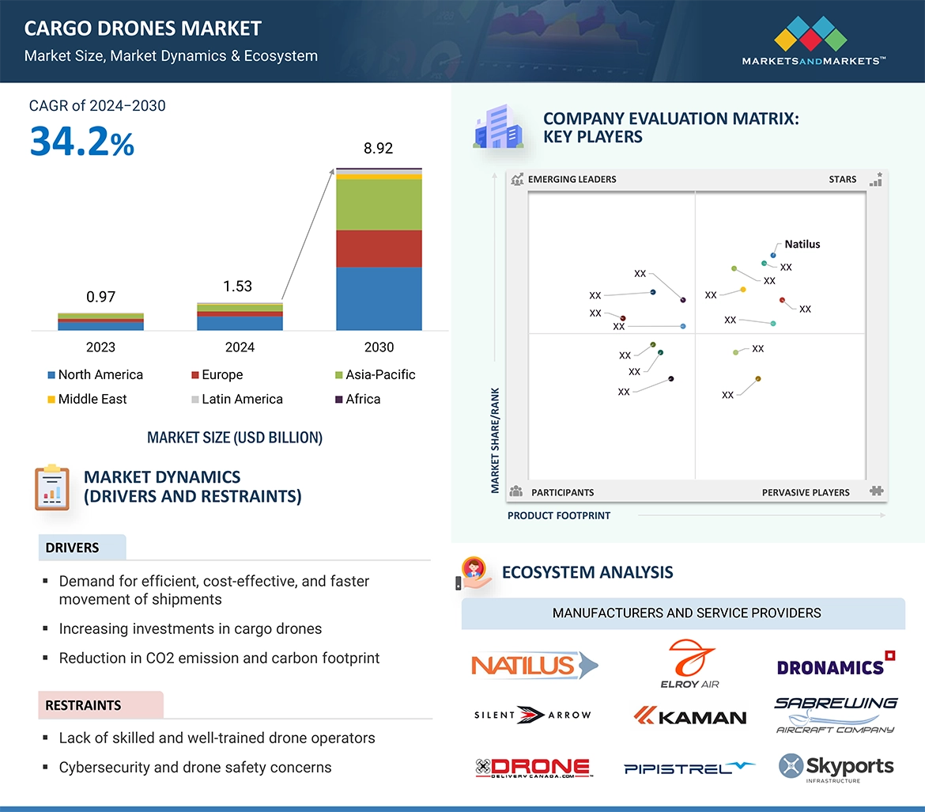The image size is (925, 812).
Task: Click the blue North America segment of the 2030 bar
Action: tap(379, 298)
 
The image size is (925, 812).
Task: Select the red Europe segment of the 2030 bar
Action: tap(379, 249)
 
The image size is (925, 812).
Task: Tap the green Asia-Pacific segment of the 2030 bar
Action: tap(379, 205)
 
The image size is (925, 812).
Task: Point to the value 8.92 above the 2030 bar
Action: tap(378, 149)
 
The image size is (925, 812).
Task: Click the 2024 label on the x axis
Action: tap(240, 347)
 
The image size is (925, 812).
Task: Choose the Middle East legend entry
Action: tap(92, 400)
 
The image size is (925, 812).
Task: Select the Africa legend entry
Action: tap(362, 400)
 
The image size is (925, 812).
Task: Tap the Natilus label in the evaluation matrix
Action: tap(802, 245)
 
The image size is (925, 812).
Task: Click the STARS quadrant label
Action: tap(842, 180)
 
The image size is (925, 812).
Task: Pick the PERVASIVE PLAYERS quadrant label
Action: tap(806, 492)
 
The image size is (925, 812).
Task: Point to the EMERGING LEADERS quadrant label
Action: tap(572, 180)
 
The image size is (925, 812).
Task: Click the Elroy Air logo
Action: tap(689, 664)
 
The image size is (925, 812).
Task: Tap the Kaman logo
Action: tap(689, 716)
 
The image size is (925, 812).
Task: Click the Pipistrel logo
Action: tap(689, 768)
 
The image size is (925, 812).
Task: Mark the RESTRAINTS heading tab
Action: tap(84, 705)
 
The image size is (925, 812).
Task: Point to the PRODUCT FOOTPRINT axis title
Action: tap(559, 515)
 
